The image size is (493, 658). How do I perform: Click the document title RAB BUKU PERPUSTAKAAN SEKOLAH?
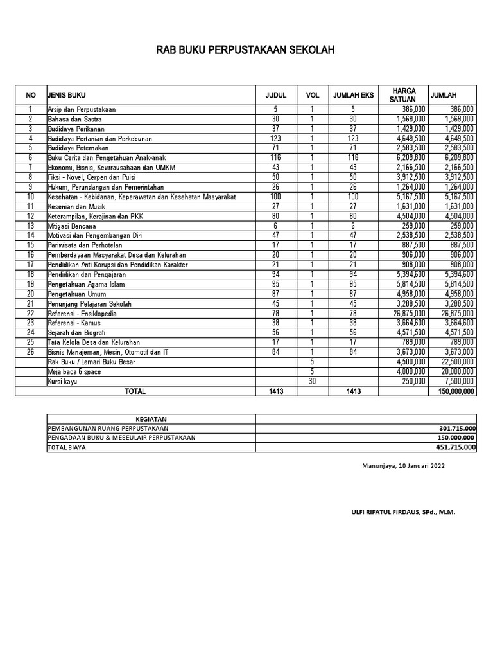pos(246,51)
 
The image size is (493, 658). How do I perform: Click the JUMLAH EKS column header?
pos(353,95)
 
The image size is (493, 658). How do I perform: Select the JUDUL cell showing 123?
pos(276,138)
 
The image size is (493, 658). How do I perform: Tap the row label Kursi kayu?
pos(63,381)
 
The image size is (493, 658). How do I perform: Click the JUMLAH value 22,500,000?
pos(453,362)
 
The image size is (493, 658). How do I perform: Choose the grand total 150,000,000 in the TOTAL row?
pos(453,391)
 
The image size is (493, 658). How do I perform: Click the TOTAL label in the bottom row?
pos(135,391)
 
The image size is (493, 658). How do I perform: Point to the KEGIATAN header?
pos(151,419)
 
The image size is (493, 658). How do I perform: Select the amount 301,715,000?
pos(453,429)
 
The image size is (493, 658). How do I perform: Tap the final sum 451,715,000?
pos(453,448)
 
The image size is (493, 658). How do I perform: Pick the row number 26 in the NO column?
pos(30,352)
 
